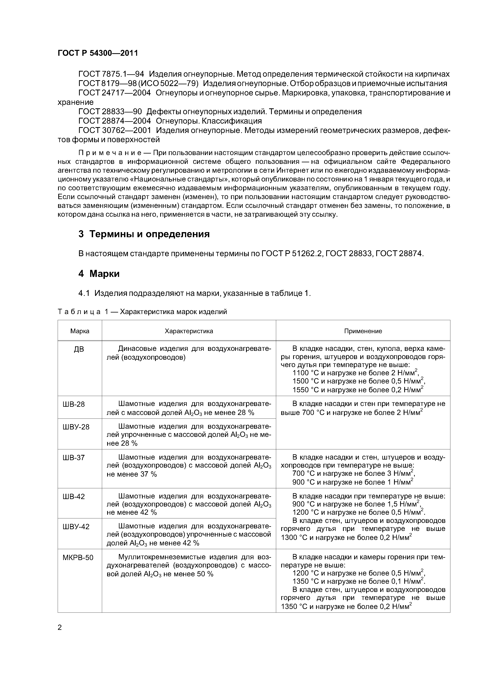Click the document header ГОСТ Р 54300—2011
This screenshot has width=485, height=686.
coord(98,53)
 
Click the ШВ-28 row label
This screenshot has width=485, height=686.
coord(74,404)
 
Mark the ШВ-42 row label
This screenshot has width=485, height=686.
coord(74,497)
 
